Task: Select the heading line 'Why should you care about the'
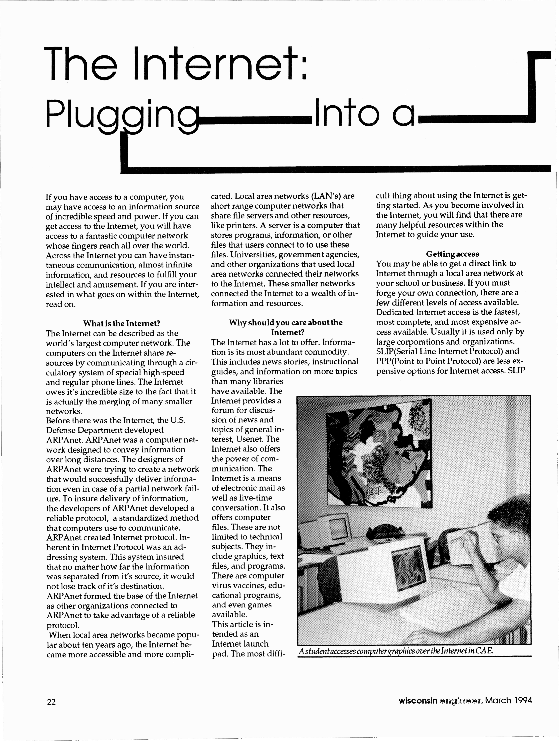coord(286,323)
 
